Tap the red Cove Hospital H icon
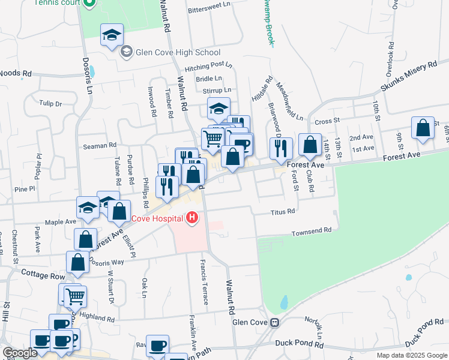pyautogui.click(x=192, y=217)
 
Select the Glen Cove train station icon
pyautogui.click(x=274, y=322)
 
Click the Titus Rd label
pyautogui.click(x=283, y=212)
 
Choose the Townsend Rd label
pyautogui.click(x=312, y=231)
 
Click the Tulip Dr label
pyautogui.click(x=51, y=103)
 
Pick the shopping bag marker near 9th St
pyautogui.click(x=423, y=128)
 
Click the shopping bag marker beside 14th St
pyautogui.click(x=310, y=145)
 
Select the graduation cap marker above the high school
pyautogui.click(x=112, y=35)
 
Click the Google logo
pyautogui.click(x=20, y=353)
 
